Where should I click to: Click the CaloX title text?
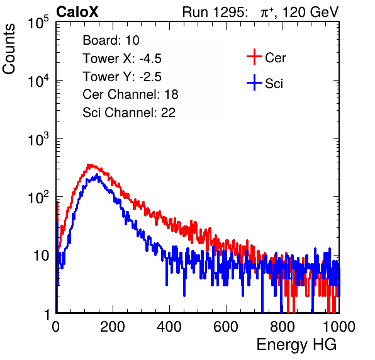pyautogui.click(x=77, y=12)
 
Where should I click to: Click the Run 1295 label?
pyautogui.click(x=215, y=12)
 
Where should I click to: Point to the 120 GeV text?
pyautogui.click(x=310, y=12)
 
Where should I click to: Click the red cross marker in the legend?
pyautogui.click(x=254, y=57)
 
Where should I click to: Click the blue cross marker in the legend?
pyautogui.click(x=254, y=82)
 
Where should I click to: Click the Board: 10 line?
pyautogui.click(x=111, y=40)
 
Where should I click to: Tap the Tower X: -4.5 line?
pyautogui.click(x=122, y=59)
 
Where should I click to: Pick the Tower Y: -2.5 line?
pyautogui.click(x=122, y=77)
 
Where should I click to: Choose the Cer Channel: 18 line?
pyautogui.click(x=130, y=94)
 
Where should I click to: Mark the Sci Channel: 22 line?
pyautogui.click(x=129, y=113)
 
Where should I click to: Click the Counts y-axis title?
pyautogui.click(x=9, y=49)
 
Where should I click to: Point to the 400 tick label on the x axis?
pyautogui.click(x=169, y=327)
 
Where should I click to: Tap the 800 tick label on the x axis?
pyautogui.click(x=283, y=327)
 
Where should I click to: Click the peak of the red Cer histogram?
pyautogui.click(x=89, y=165)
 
